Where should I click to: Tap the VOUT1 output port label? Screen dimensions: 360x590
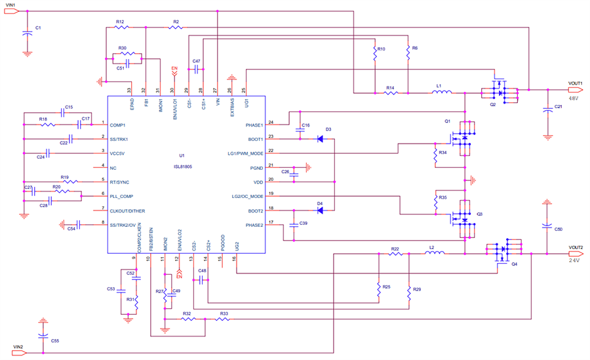[x=576, y=83]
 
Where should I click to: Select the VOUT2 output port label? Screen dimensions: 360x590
[x=576, y=247]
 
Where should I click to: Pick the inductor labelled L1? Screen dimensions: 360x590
[x=441, y=92]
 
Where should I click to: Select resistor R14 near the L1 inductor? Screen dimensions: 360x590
[x=391, y=92]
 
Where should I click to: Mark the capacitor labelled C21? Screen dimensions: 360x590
[x=547, y=110]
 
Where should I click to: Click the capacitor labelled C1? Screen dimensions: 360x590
[x=27, y=33]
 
